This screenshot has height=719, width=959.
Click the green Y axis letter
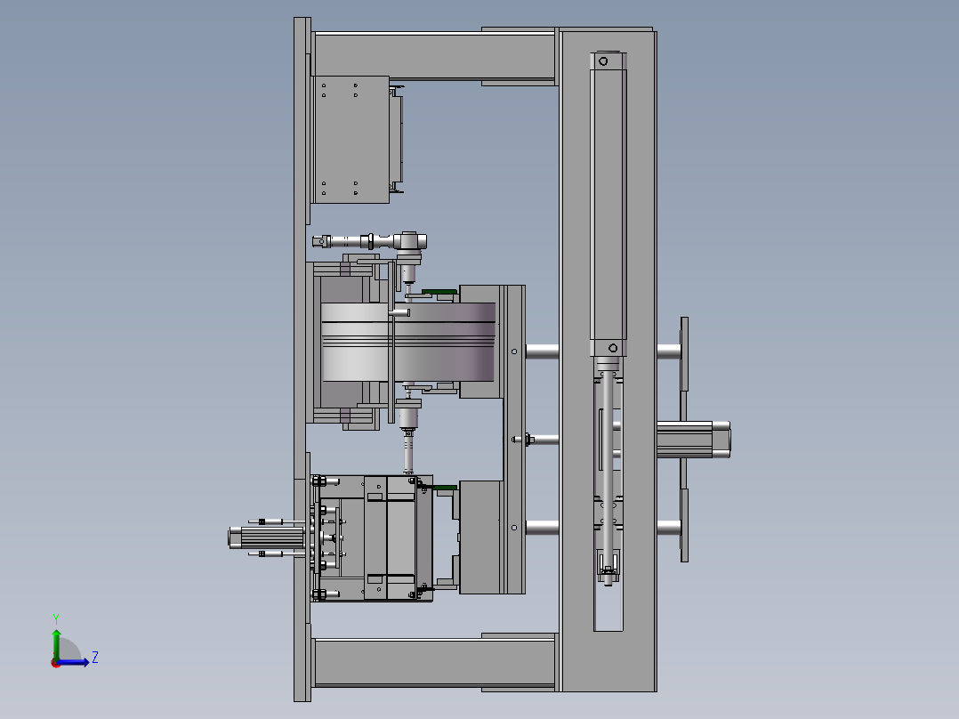pos(56,618)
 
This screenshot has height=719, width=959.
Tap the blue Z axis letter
pos(95,658)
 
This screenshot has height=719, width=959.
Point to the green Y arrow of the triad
pos(56,644)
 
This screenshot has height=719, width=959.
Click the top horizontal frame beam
pos(434,56)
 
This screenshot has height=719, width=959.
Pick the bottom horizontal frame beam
pos(434,662)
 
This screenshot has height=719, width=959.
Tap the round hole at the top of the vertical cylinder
pos(604,61)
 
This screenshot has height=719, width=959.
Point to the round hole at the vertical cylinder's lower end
pos(613,348)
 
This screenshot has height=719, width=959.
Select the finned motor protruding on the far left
pos(267,537)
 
